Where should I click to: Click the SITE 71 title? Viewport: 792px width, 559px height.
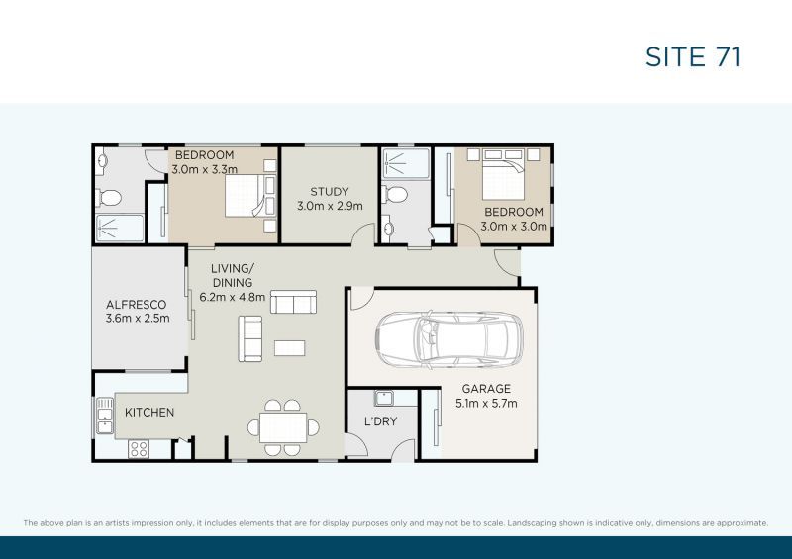tap(693, 56)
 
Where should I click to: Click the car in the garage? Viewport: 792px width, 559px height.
tap(448, 339)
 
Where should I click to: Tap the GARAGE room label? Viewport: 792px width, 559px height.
tap(485, 389)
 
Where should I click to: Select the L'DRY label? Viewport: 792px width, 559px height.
tap(382, 421)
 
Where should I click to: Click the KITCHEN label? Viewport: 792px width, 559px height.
tap(149, 412)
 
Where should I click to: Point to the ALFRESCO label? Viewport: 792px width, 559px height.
tap(138, 304)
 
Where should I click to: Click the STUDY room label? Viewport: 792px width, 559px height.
tap(330, 192)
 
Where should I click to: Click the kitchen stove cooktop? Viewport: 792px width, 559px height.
tap(139, 448)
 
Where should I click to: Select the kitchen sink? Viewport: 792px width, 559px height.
tap(104, 419)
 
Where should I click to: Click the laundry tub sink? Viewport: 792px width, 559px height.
tap(384, 400)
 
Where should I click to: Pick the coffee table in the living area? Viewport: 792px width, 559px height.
tap(290, 347)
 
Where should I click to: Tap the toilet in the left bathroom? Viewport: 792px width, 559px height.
tap(109, 194)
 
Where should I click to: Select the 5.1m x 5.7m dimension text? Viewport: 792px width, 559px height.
tap(485, 404)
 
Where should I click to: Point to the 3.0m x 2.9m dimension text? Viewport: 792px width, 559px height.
tap(330, 207)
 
